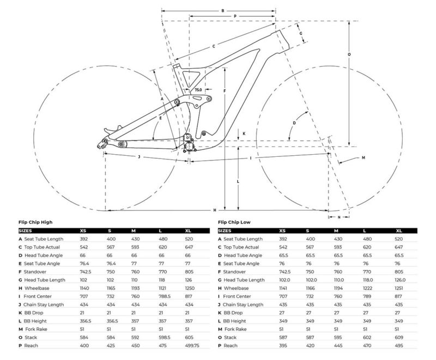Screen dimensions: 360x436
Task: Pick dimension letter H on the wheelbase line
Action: coord(215,210)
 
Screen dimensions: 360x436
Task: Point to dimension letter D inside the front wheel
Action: coord(294,123)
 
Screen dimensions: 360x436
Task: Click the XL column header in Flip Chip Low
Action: coord(399,230)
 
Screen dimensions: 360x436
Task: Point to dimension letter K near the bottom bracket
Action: coord(244,133)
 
